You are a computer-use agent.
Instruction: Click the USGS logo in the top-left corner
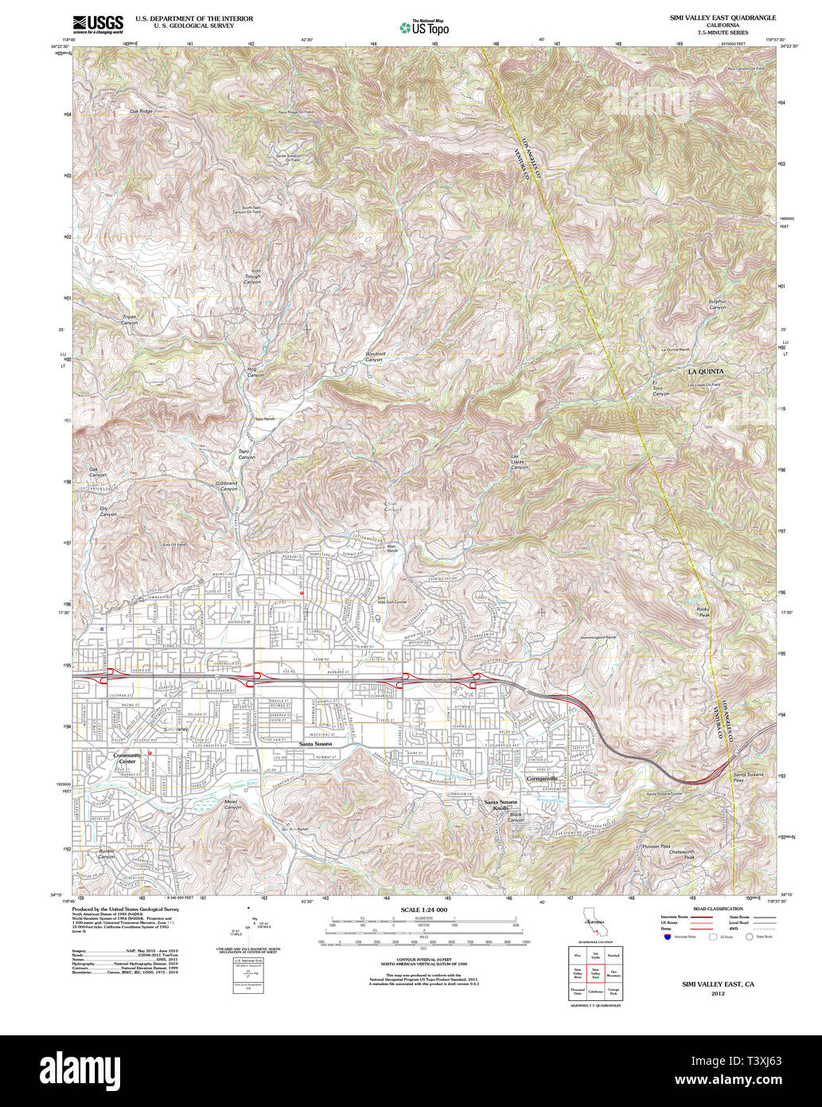pos(100,25)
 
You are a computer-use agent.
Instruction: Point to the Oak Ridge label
pos(141,111)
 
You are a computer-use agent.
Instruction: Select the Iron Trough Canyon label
pos(251,277)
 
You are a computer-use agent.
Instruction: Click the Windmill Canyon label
pos(374,356)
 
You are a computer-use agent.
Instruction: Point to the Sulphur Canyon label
pos(718,304)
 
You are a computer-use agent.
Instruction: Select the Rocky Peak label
pos(703,612)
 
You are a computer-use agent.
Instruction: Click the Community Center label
pos(127,757)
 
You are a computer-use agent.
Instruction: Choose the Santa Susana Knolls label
pos(501,804)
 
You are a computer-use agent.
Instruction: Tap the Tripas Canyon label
pos(129,319)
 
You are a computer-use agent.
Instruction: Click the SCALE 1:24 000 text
pos(424,909)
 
